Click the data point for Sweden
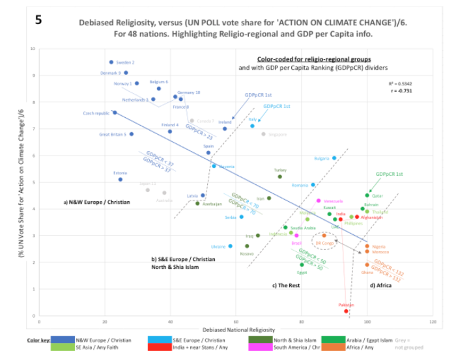pos(111,62)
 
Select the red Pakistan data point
pos(347,311)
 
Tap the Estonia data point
pos(121,179)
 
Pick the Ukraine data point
pos(231,246)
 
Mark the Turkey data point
pos(280,176)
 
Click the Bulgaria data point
pos(334,158)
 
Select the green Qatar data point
pos(367,195)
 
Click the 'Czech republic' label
pos(96,113)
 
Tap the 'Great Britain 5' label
pos(113,135)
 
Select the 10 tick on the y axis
pos(32,49)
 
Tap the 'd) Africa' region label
pos(382,285)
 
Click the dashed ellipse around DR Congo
pos(324,242)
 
